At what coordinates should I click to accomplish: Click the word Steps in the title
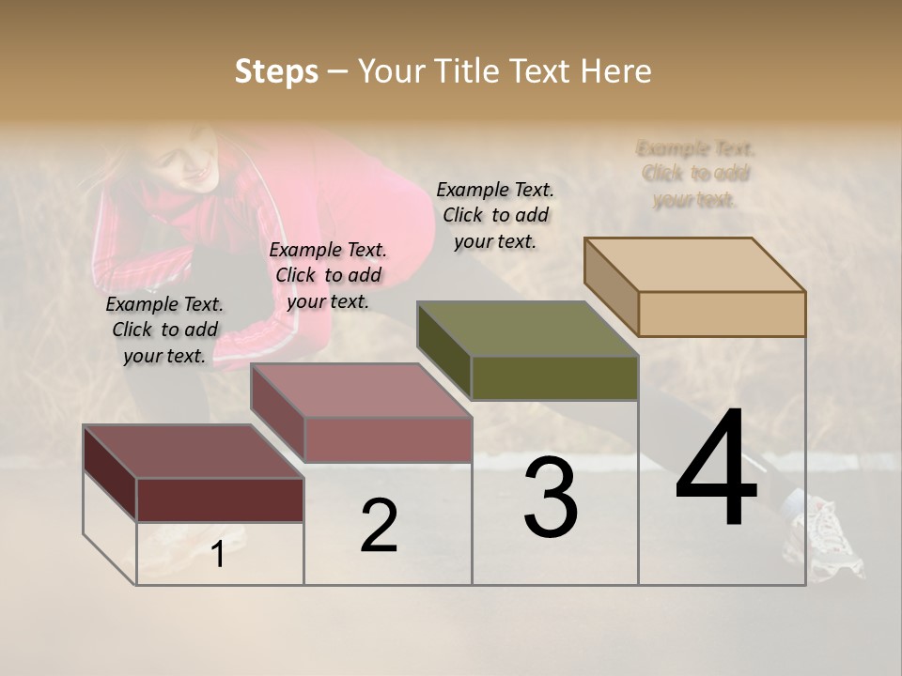276,71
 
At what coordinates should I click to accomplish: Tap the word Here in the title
615,71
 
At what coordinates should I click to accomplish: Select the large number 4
716,469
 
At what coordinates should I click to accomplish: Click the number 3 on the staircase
551,498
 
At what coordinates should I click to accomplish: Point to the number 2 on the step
380,526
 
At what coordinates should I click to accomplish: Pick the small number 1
218,555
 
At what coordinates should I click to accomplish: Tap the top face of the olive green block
527,329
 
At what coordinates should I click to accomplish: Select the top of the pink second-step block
361,391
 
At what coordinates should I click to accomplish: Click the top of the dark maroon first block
194,452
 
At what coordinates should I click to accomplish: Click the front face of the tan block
722,314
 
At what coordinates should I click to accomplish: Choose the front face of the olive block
554,377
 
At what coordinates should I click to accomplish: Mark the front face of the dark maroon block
220,499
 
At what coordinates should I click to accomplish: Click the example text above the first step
165,330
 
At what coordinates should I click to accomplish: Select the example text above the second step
328,276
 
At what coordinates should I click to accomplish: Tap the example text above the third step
495,216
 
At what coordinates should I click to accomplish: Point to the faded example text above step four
695,174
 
